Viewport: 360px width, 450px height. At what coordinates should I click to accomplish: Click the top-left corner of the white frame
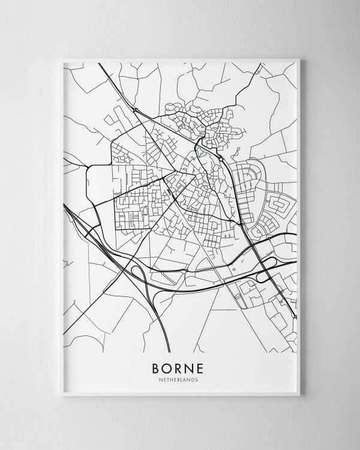(x=62, y=59)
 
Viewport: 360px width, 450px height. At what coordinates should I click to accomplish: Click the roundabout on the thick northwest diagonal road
(x=136, y=110)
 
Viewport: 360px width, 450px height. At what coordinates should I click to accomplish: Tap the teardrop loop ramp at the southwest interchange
(x=137, y=275)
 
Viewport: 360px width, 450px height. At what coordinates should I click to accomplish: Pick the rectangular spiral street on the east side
(x=281, y=208)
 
